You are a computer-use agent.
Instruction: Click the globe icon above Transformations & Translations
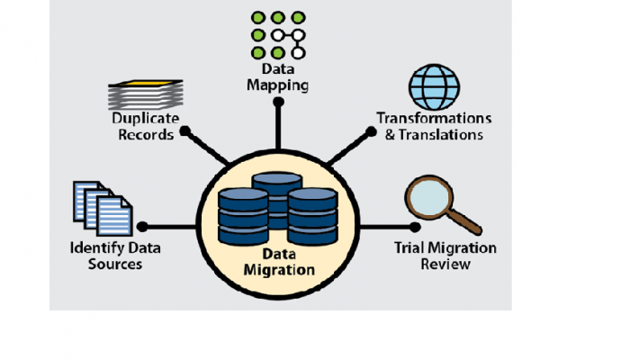434,86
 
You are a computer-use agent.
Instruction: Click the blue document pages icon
101,208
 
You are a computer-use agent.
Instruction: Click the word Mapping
279,86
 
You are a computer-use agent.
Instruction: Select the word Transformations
434,119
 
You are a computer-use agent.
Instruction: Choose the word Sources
106,265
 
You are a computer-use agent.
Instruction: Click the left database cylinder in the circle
243,217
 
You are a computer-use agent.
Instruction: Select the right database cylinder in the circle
312,217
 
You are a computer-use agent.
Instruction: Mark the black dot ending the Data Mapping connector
279,103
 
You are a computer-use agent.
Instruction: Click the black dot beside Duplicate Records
184,130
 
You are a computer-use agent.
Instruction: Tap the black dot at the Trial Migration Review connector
414,227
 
